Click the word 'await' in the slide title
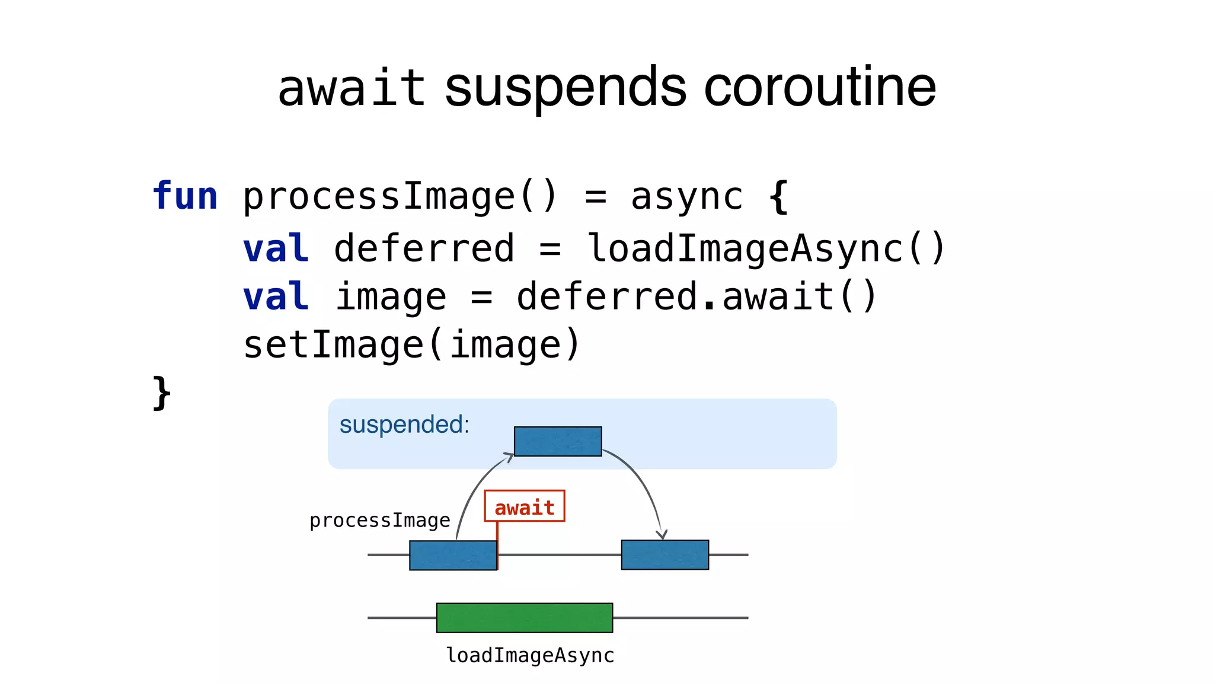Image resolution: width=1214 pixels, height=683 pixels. [352, 88]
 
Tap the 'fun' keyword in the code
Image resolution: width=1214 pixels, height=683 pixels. [185, 196]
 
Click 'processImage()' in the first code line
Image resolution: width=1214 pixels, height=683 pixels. [400, 196]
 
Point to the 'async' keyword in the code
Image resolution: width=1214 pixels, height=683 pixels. [686, 196]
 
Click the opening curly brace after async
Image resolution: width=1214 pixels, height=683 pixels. [778, 196]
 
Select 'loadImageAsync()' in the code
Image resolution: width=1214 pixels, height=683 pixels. [766, 248]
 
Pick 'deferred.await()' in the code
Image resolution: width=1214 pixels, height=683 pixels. [697, 296]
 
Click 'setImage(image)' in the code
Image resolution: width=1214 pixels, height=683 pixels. [411, 345]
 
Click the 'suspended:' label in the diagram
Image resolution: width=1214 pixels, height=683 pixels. [404, 425]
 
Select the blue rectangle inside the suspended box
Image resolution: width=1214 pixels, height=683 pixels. [558, 442]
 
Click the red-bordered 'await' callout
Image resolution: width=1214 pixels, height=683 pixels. [525, 507]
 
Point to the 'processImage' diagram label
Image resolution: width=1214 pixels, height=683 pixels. [380, 521]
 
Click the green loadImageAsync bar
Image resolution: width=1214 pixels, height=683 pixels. [525, 618]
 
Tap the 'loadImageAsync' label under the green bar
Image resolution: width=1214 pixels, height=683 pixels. [530, 656]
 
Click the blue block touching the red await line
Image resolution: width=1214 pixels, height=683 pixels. [453, 556]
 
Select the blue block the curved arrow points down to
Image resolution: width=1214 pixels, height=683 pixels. [664, 555]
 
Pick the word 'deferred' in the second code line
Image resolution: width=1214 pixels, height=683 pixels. [424, 248]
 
